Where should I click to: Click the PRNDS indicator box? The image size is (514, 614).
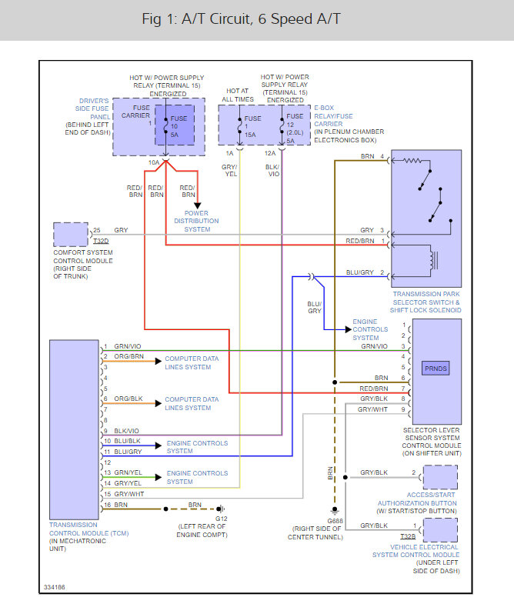436,369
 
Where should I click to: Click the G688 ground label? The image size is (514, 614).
335,521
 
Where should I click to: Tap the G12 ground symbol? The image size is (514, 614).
220,509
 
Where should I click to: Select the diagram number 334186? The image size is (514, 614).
55,587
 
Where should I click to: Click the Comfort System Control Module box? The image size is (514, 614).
71,235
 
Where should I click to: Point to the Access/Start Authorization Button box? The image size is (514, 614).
440,477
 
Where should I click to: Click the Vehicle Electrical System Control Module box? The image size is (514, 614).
440,530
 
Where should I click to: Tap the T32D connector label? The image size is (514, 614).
101,241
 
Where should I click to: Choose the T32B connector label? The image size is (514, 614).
408,536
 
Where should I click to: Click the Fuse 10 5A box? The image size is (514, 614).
175,125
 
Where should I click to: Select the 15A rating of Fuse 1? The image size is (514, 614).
250,135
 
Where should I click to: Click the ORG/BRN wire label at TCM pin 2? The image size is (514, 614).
128,356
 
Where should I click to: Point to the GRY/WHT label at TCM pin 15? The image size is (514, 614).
129,494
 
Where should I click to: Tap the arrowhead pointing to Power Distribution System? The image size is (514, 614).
198,205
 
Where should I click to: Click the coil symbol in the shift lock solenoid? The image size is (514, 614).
432,260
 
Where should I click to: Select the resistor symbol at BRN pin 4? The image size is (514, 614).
412,161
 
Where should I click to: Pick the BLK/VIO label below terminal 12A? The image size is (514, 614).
272,170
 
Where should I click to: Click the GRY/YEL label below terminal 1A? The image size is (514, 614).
229,170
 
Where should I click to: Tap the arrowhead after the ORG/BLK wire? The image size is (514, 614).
159,403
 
